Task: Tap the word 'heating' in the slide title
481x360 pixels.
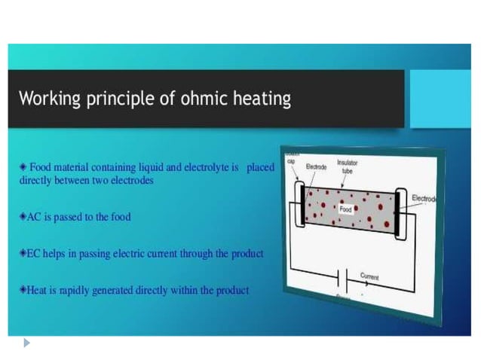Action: tap(264, 99)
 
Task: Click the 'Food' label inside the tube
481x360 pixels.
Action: tap(345, 209)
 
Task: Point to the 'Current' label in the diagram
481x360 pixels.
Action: tap(369, 276)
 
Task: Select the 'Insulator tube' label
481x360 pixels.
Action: tap(348, 166)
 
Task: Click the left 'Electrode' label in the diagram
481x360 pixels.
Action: tap(316, 166)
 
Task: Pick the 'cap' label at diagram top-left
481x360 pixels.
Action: tap(290, 160)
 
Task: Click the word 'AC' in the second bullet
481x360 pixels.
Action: tap(34, 217)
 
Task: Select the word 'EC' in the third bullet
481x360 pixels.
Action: tap(34, 254)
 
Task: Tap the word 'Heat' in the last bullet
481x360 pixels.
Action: tap(38, 290)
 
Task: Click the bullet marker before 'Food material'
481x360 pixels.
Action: tap(23, 166)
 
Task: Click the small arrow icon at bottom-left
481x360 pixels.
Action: tap(27, 343)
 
